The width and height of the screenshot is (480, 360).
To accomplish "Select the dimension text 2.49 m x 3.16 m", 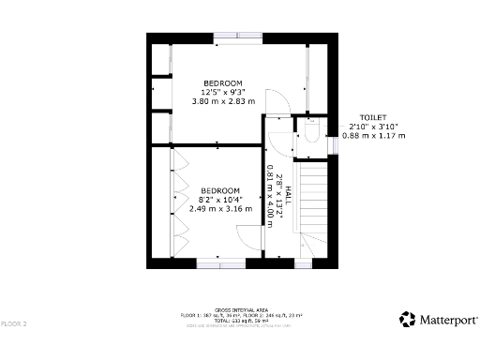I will (220, 209).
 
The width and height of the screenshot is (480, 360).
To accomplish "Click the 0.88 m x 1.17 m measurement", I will (374, 136).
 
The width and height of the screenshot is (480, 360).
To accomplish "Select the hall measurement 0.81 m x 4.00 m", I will (271, 192).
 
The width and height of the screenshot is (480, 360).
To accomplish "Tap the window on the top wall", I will (237, 37).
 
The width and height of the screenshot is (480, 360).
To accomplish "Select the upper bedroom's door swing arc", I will (277, 101).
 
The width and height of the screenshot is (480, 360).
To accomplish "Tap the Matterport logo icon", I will (408, 320).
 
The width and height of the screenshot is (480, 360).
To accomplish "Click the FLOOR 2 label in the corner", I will (13, 323).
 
